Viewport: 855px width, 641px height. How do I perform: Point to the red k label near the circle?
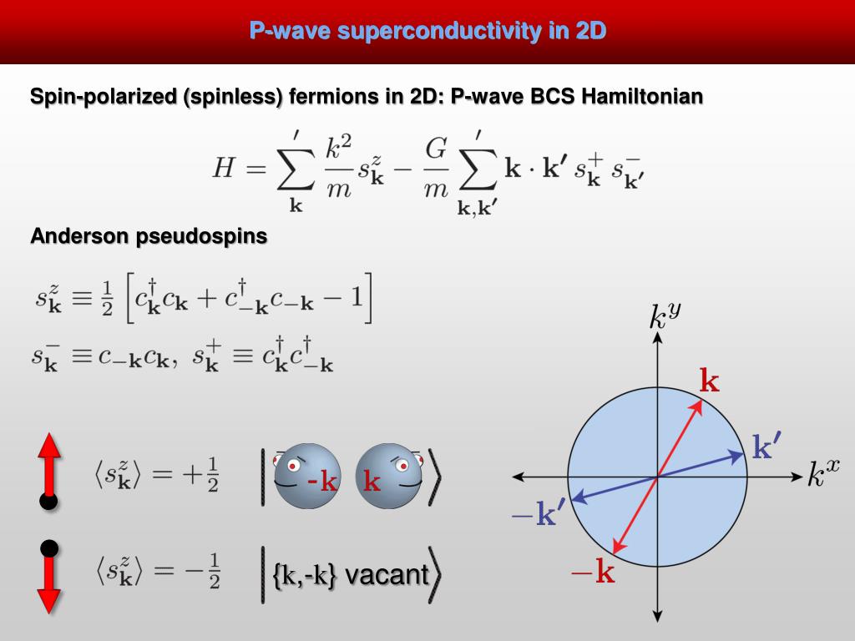pos(709,382)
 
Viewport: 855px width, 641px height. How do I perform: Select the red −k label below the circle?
pos(593,573)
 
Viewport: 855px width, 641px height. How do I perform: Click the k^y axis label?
pos(665,316)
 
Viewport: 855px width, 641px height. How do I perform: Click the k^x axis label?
pos(822,473)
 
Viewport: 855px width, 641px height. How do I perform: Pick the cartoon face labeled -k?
pos(307,477)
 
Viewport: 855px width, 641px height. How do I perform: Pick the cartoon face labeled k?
pos(388,477)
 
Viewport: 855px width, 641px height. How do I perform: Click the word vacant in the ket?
pos(386,575)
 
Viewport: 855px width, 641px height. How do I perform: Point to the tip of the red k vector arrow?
pos(699,401)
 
